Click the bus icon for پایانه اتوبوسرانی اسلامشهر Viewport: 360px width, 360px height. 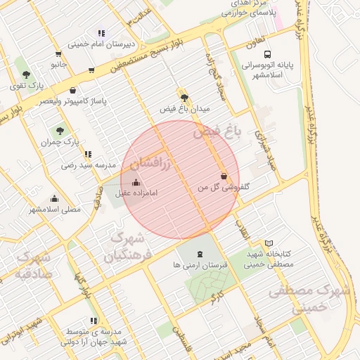pos(267,54)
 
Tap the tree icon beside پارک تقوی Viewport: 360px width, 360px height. pos(26,74)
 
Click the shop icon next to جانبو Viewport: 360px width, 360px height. pos(58,53)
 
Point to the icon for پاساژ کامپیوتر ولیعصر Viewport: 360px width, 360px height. pos(73,90)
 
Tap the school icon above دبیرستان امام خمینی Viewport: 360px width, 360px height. pos(102,33)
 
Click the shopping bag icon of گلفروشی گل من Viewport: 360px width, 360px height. pos(224,176)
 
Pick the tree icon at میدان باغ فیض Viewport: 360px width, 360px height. pos(184,98)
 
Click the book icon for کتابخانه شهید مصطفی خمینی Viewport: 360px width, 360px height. pos(269,243)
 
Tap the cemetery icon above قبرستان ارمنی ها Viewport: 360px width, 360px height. pos(199,254)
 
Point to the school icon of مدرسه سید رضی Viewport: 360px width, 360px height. pos(87,154)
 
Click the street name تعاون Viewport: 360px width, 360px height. pos(255,41)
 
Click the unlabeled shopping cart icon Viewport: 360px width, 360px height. pos(91,70)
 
